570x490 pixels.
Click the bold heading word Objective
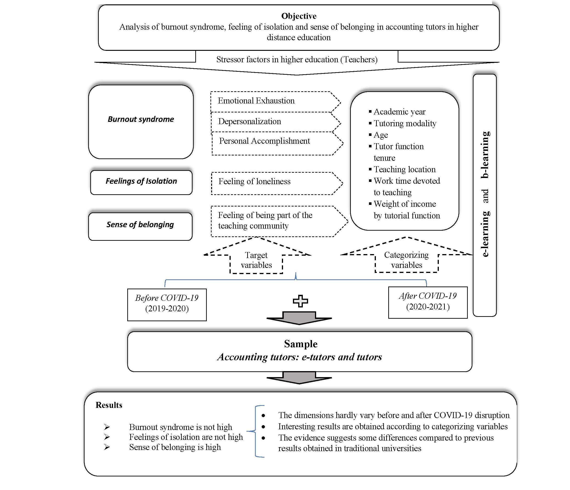click(298, 16)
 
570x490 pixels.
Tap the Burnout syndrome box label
click(141, 119)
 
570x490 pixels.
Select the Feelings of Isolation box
click(141, 181)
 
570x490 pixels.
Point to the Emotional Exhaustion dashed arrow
click(256, 101)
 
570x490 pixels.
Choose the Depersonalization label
click(250, 121)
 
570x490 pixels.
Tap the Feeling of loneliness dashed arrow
click(255, 181)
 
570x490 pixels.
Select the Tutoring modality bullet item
click(405, 123)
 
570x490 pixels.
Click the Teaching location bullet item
click(404, 169)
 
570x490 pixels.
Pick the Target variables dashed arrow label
click(256, 260)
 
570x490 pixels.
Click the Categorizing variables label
click(406, 260)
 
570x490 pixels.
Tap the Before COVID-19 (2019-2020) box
click(167, 303)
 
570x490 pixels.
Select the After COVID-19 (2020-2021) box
click(428, 301)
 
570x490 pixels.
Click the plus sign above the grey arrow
click(300, 301)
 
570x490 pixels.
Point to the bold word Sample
click(301, 344)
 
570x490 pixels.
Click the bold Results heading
click(109, 405)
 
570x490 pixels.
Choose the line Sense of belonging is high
click(175, 447)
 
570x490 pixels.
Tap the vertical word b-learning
click(485, 155)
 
